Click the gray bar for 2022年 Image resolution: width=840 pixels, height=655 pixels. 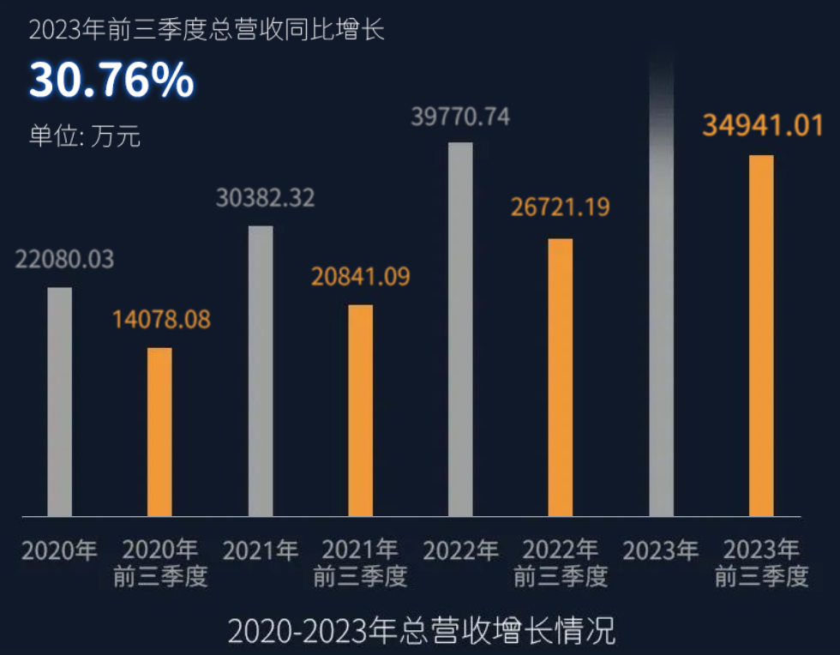tap(461, 329)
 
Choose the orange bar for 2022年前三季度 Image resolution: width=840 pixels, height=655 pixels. tap(561, 377)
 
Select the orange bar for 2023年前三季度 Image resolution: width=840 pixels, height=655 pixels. tap(761, 335)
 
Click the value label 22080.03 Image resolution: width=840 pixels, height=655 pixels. tap(64, 260)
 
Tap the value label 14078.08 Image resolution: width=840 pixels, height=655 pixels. tap(161, 320)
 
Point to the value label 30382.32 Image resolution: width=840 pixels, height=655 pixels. tap(265, 198)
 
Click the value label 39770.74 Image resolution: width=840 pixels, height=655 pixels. tap(460, 117)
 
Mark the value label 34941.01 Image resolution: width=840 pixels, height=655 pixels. tap(763, 125)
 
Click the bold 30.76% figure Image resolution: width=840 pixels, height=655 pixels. tap(111, 81)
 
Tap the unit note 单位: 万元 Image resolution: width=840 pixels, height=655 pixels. tap(84, 136)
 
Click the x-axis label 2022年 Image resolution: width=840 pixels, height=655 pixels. tap(460, 550)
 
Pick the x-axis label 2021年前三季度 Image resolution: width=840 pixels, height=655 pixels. tap(360, 562)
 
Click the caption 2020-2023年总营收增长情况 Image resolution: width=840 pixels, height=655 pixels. tap(421, 632)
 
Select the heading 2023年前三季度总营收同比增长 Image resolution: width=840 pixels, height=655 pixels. tap(207, 30)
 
